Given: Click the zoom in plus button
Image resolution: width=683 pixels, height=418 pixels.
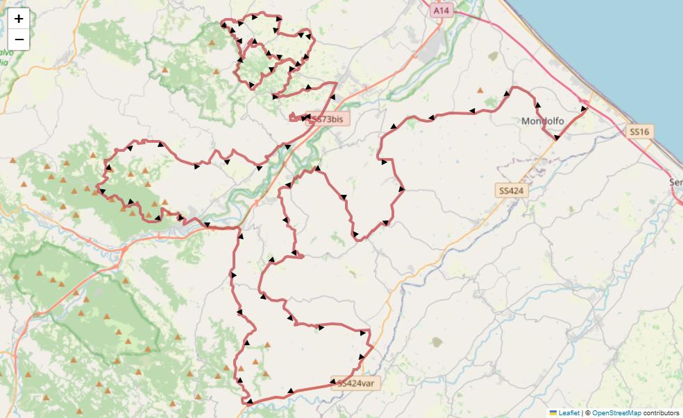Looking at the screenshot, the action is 19,19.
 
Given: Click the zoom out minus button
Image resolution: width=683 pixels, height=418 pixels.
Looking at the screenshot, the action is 19,40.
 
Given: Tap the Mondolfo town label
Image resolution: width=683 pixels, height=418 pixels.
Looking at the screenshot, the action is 542,121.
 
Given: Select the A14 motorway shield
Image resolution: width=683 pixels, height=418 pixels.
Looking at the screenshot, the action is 441,10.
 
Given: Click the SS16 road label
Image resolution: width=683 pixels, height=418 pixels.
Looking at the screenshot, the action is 639,131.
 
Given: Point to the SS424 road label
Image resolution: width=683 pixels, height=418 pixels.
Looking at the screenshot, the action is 512,190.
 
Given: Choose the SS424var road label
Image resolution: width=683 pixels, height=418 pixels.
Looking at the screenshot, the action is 357,383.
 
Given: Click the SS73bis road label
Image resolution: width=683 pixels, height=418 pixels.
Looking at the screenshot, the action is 328,119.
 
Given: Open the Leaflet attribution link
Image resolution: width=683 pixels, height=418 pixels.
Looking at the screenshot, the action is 569,412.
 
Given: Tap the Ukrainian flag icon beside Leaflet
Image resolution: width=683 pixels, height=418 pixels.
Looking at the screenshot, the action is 553,412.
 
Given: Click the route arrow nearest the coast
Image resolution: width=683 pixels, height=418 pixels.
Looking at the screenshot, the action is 584,109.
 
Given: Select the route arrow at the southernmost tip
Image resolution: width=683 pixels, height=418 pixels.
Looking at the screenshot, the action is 248,401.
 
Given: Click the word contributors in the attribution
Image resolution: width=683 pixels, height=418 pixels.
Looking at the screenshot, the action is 661,412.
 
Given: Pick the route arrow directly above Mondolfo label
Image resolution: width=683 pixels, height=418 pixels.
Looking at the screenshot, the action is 538,105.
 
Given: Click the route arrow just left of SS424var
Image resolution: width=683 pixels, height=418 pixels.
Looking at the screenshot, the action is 334,382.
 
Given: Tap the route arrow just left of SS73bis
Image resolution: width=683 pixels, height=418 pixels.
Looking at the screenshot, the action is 305,119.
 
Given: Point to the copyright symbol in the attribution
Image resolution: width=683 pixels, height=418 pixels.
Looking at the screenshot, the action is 587,412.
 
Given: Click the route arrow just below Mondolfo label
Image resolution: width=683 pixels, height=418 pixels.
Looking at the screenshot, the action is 557,137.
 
